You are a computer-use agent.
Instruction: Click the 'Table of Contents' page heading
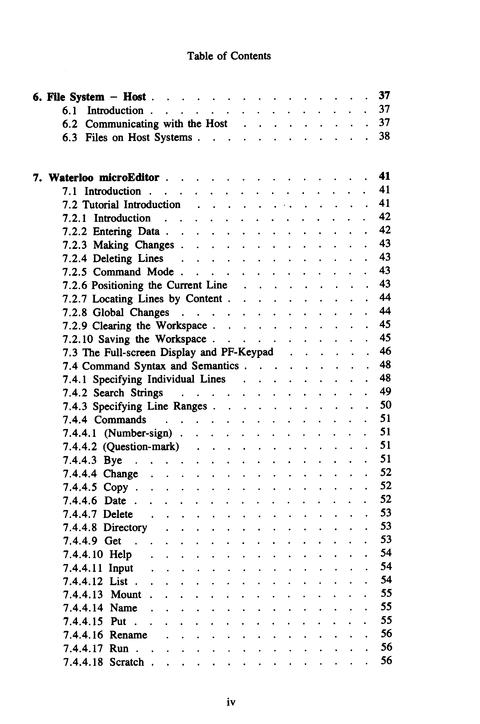(x=229, y=56)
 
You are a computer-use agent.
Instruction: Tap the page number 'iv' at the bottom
(x=231, y=702)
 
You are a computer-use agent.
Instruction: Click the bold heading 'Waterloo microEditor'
(x=104, y=178)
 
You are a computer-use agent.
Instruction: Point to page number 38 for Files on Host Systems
(x=384, y=136)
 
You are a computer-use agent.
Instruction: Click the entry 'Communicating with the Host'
(x=156, y=124)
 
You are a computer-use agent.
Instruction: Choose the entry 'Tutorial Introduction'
(x=131, y=205)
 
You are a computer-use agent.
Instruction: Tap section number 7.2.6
(x=75, y=286)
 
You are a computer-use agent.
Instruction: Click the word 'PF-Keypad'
(x=247, y=352)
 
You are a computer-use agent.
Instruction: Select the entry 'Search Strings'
(x=128, y=393)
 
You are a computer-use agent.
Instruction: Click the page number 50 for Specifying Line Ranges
(x=386, y=405)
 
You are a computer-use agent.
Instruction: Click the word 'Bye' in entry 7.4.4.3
(x=113, y=460)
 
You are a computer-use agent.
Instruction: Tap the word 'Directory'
(x=125, y=528)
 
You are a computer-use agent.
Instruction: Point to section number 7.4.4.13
(x=83, y=595)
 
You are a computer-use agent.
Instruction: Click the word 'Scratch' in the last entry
(x=126, y=662)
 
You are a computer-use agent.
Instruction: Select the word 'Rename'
(x=128, y=635)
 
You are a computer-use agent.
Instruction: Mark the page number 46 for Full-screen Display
(x=385, y=351)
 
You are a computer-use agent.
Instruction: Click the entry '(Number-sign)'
(x=138, y=433)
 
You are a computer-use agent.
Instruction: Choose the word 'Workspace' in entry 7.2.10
(x=181, y=339)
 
